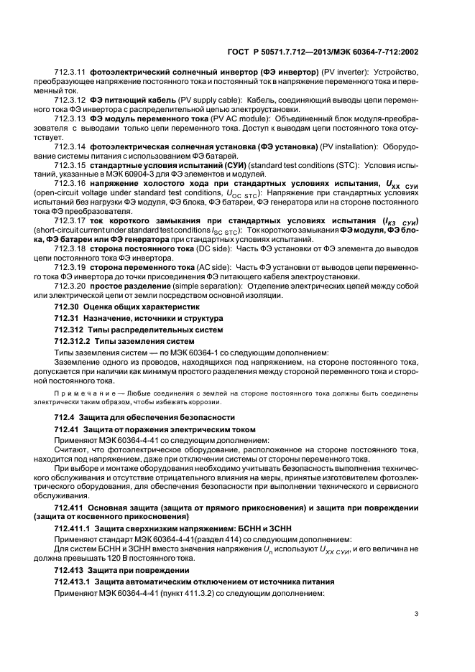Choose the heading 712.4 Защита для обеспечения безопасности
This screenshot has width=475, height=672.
(140, 417)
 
